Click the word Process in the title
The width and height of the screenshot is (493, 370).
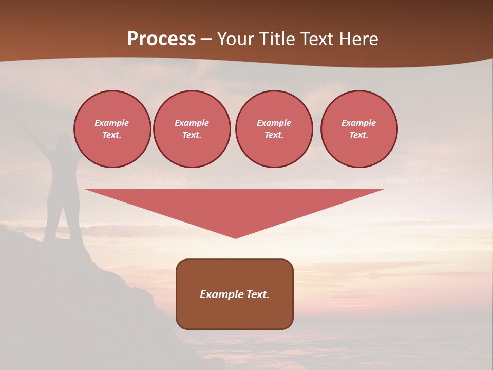coord(161,39)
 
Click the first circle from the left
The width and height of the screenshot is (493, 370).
coord(112,129)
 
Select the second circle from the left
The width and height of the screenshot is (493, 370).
coord(192,129)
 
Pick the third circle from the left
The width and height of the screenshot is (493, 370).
coord(274,129)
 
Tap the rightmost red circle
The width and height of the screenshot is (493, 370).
coord(359,129)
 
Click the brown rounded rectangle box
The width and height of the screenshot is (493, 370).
coord(235,294)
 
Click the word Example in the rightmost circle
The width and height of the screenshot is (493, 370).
coord(358,123)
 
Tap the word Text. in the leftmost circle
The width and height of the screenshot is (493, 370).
coord(112,135)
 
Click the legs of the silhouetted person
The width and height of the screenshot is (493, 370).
coord(62,221)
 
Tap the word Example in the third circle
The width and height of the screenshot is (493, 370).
coord(274,123)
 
